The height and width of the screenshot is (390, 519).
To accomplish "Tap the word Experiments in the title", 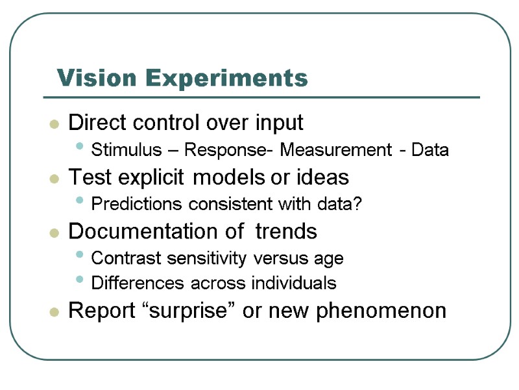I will click(226, 79).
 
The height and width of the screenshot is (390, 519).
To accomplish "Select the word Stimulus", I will click(127, 151).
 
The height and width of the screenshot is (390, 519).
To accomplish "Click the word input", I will click(279, 123).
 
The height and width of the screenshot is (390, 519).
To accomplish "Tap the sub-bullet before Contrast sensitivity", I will click(80, 257).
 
